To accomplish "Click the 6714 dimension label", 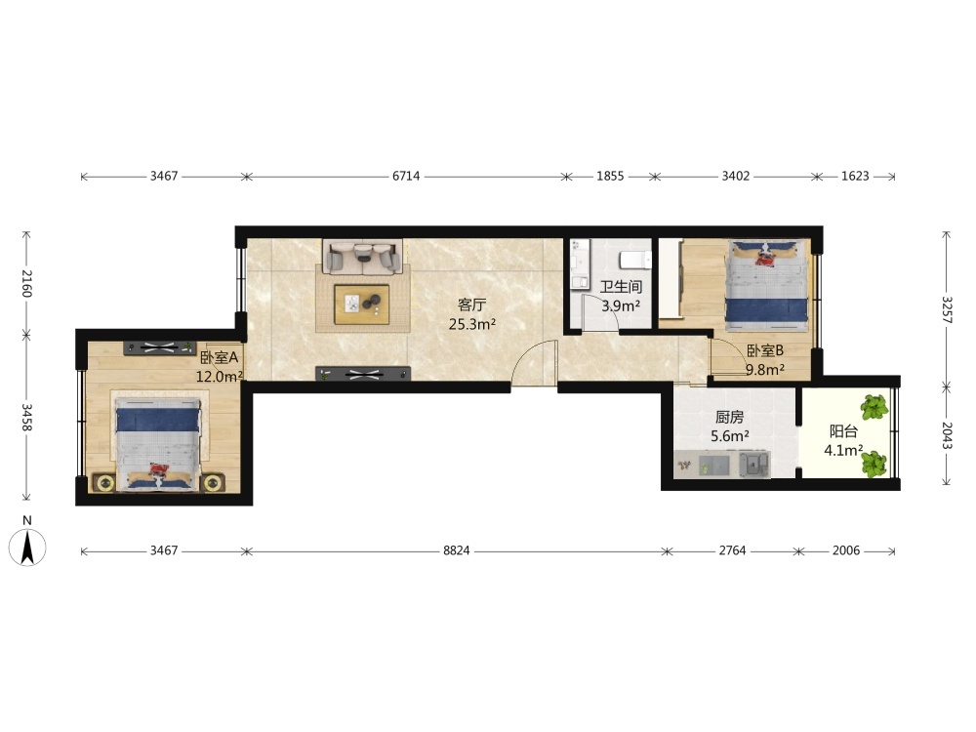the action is [406, 176].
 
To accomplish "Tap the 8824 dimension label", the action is [456, 550].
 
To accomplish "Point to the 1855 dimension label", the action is [610, 176].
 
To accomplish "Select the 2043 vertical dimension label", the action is [946, 435].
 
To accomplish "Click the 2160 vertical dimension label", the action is [26, 283].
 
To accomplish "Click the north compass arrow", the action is [27, 548].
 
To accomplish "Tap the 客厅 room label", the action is [471, 305].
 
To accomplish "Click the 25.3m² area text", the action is [471, 324].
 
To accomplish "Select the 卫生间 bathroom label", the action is [621, 287].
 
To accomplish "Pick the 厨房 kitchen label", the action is [729, 417].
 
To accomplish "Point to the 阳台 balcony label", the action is [843, 431].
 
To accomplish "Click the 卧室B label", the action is [765, 351].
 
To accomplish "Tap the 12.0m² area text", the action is [219, 377].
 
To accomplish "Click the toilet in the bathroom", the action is [635, 259].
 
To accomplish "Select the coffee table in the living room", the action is [362, 305].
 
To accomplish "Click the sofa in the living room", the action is [363, 256].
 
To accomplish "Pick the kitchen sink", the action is [753, 465].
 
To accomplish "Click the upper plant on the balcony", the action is [874, 407].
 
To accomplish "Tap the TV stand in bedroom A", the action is [160, 348].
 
